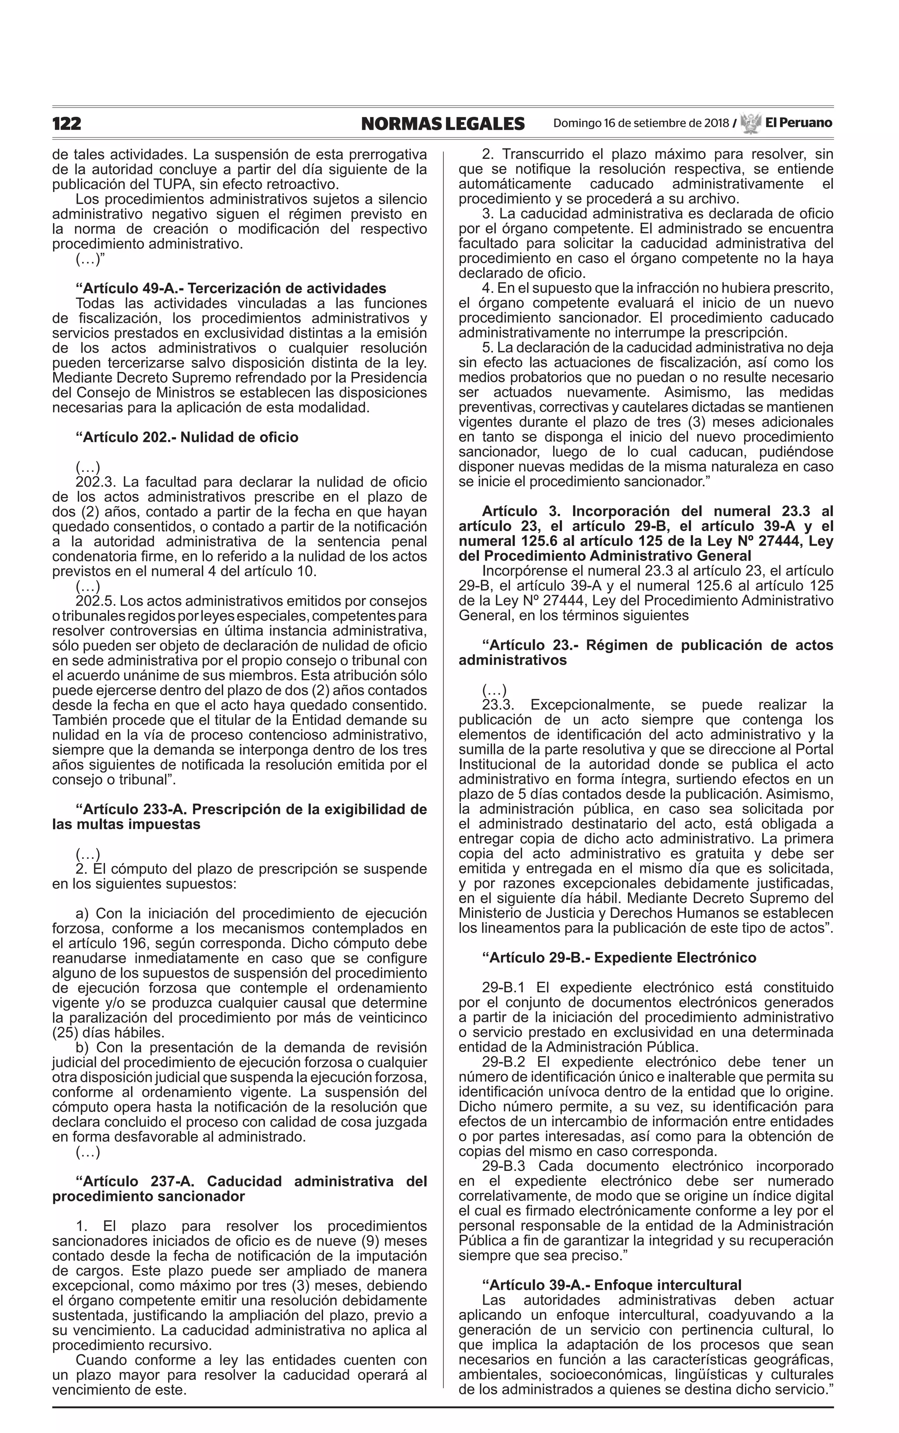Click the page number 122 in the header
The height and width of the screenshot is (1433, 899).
pyautogui.click(x=67, y=124)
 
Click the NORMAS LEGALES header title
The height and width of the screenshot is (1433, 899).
pyautogui.click(x=442, y=124)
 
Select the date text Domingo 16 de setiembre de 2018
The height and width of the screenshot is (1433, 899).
pyautogui.click(x=640, y=124)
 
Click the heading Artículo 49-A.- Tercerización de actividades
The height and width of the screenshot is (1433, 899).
pyautogui.click(x=231, y=289)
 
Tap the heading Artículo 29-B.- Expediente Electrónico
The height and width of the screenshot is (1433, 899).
pyautogui.click(x=619, y=958)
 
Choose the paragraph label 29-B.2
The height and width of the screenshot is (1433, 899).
pyautogui.click(x=503, y=1062)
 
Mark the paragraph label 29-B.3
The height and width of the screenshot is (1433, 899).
pyautogui.click(x=503, y=1166)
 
